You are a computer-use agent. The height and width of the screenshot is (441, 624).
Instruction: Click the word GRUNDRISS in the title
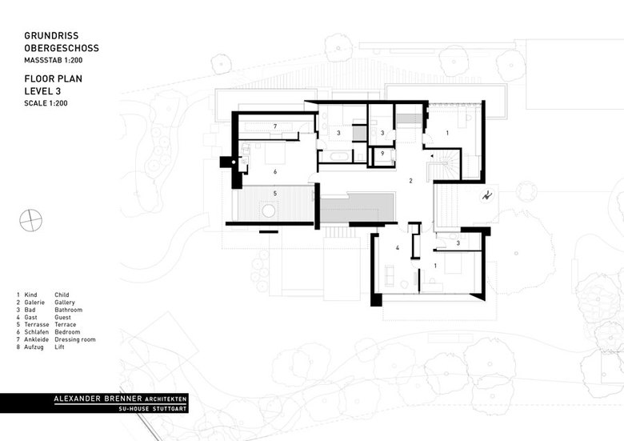point(51,36)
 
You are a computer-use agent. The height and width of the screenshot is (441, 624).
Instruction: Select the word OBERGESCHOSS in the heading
point(62,48)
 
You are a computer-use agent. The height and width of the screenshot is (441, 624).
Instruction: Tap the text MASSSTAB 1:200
point(54,61)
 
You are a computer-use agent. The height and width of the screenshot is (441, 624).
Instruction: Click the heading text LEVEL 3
point(42,91)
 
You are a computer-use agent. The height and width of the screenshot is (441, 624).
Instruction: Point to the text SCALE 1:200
point(46,103)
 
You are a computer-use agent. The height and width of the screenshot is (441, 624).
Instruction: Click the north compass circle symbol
point(30,220)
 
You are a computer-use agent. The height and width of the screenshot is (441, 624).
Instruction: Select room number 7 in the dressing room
point(275,126)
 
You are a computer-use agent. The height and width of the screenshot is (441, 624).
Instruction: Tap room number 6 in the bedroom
point(275,171)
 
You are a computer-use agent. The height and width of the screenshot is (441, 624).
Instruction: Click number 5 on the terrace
point(275,194)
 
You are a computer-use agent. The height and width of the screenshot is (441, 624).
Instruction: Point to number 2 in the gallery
point(411,181)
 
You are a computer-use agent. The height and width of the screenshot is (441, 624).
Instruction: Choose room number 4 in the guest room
point(397,248)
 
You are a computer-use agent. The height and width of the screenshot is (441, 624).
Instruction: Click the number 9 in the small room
point(382,153)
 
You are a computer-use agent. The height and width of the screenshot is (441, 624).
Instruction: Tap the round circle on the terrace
point(269,211)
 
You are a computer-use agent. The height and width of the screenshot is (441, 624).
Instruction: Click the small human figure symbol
point(486,195)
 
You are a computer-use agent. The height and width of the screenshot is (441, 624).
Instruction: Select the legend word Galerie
point(34,303)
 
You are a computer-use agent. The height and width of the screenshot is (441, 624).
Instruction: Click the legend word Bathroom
point(69,310)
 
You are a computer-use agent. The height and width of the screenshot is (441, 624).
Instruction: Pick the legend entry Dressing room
point(75,339)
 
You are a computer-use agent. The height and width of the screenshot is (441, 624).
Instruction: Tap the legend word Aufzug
point(34,347)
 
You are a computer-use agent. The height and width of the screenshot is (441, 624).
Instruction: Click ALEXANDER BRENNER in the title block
point(98,399)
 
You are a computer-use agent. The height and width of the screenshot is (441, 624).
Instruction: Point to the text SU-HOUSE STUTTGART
point(153,409)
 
